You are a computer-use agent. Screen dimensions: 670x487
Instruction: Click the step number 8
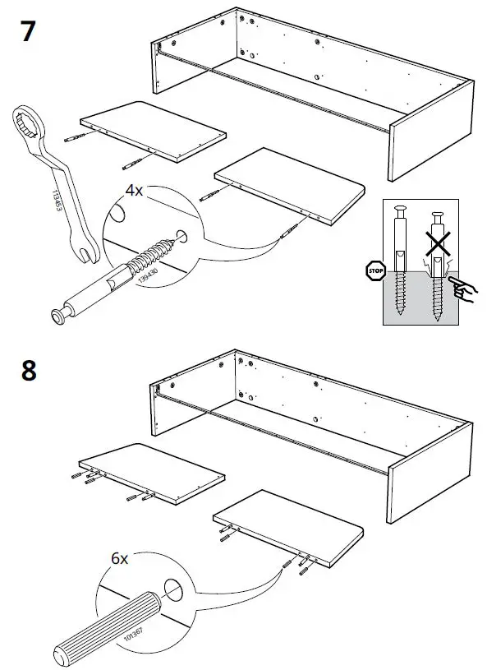(x=28, y=371)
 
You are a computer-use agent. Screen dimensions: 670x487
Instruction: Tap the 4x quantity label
(x=134, y=190)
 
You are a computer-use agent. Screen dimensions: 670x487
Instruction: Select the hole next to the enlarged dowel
(x=173, y=589)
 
